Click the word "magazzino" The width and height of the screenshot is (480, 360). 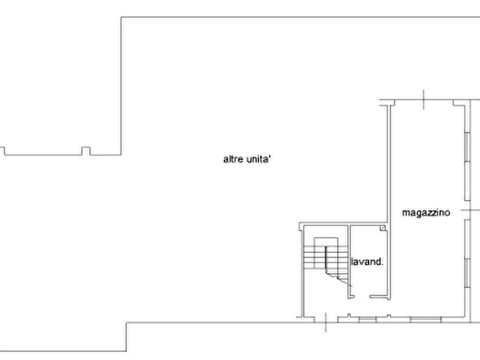426,213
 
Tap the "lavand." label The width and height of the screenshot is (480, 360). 367,262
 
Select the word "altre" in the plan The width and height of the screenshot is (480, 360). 233,159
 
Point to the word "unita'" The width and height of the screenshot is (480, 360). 259,159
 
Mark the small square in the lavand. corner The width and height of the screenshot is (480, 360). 383,228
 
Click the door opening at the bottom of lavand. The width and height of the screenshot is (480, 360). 362,297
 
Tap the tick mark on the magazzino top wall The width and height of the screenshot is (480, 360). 424,99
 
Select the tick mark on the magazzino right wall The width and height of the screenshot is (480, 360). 470,210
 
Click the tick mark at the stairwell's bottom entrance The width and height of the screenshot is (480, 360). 326,322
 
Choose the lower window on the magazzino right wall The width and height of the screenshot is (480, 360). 468,254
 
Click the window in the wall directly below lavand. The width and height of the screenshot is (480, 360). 367,320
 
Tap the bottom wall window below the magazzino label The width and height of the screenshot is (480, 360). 426,320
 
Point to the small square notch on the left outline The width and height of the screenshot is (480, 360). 86,151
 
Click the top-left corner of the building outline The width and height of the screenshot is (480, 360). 121,17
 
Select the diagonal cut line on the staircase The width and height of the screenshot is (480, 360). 339,280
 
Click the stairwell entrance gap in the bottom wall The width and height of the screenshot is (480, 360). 326,319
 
